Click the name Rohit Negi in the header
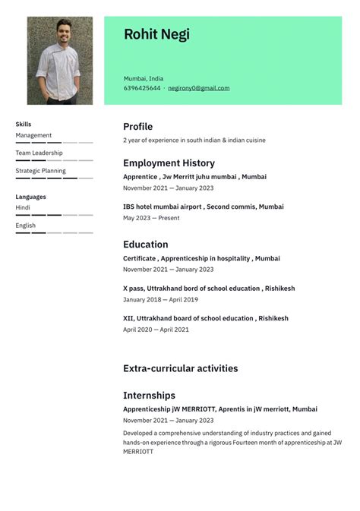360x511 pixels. click(x=156, y=34)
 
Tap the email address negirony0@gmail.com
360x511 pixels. click(x=198, y=88)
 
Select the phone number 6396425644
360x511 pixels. click(x=142, y=88)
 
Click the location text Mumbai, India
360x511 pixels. click(x=144, y=78)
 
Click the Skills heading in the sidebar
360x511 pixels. click(x=24, y=124)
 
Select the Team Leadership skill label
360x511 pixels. click(x=39, y=153)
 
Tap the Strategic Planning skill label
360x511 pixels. click(x=40, y=171)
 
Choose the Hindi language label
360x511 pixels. click(x=23, y=207)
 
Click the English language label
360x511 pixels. click(x=25, y=226)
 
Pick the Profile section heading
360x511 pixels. click(x=137, y=126)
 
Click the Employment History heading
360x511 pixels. click(x=169, y=162)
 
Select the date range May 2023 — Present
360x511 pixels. click(x=151, y=218)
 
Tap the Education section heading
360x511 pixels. click(x=145, y=244)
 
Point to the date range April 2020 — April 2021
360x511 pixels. click(x=156, y=330)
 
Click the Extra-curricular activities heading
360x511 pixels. click(x=180, y=368)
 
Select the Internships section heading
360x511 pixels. click(x=149, y=395)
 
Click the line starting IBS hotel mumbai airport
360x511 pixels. click(x=203, y=207)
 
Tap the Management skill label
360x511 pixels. click(x=33, y=135)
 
